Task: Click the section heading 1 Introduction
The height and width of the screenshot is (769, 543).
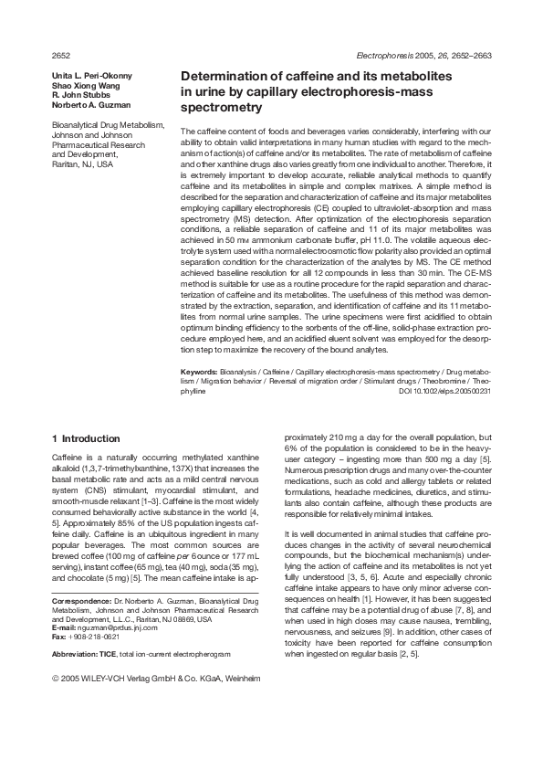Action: click(x=86, y=438)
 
